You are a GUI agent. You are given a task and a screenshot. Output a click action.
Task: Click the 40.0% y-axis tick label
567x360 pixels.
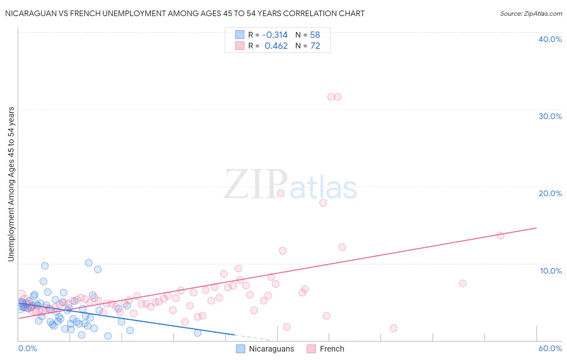[x=550, y=39]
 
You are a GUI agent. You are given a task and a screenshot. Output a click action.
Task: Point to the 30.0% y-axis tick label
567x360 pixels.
[x=550, y=116]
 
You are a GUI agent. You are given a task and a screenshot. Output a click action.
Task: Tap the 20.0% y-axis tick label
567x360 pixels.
[x=550, y=193]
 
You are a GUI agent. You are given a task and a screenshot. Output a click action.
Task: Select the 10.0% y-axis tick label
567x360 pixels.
[x=551, y=271]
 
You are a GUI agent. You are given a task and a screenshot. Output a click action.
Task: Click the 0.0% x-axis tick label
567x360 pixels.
[x=27, y=348]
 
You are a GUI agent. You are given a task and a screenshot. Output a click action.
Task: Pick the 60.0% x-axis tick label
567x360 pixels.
[x=550, y=348]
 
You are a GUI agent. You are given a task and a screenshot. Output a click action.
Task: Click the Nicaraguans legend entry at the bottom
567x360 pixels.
[x=271, y=349]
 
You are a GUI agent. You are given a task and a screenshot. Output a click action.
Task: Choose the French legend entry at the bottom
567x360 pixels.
[x=331, y=349]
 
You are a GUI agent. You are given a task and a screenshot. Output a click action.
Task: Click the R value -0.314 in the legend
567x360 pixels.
[x=275, y=35]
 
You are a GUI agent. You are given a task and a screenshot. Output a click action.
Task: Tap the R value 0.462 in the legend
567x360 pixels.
[x=276, y=46]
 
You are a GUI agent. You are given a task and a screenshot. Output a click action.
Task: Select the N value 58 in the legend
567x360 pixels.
[x=315, y=35]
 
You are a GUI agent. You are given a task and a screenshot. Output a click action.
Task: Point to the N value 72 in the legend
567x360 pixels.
[x=315, y=46]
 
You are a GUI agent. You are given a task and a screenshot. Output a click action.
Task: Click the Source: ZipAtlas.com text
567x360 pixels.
[x=531, y=14]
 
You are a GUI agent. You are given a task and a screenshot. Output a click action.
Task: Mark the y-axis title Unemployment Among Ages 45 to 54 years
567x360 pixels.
[x=11, y=184]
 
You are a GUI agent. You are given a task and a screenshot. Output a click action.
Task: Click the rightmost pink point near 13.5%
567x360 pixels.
[x=500, y=236]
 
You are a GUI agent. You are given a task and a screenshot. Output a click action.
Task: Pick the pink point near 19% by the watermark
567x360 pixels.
[x=281, y=193]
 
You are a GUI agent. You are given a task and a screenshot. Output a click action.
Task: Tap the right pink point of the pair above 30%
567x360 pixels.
[x=338, y=97]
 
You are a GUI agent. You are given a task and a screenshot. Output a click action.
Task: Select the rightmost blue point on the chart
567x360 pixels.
[x=198, y=333]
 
